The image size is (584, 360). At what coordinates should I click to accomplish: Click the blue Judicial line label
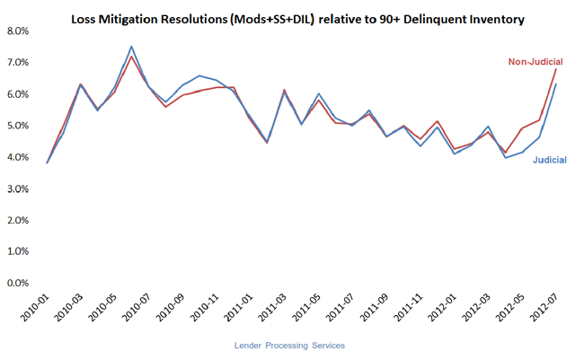click(550, 160)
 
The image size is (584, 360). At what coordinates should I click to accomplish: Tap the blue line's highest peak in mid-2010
click(132, 47)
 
